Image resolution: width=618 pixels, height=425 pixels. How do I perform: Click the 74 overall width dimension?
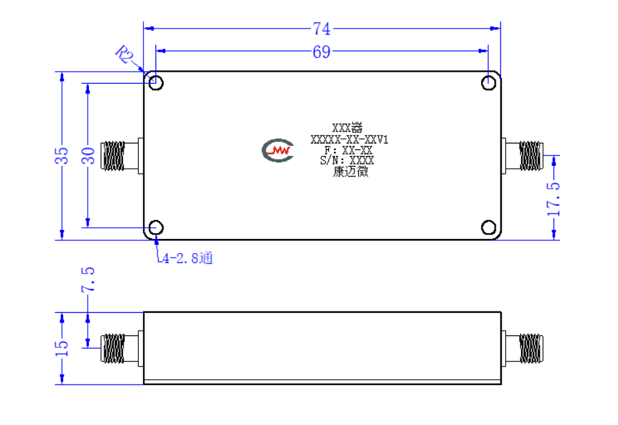(322, 29)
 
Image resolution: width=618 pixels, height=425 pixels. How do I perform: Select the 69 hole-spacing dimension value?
(321, 52)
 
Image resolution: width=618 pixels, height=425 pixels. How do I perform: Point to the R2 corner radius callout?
(124, 54)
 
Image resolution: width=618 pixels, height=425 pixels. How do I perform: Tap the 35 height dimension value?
(62, 156)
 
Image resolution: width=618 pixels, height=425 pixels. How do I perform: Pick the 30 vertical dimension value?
(88, 155)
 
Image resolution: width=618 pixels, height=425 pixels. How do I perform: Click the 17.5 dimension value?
(554, 199)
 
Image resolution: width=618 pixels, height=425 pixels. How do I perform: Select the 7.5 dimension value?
(88, 280)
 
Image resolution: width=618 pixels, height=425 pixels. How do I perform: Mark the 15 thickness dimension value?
(62, 348)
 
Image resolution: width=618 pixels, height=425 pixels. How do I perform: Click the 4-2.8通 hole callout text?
(187, 258)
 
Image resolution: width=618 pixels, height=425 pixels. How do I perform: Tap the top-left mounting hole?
(156, 83)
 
